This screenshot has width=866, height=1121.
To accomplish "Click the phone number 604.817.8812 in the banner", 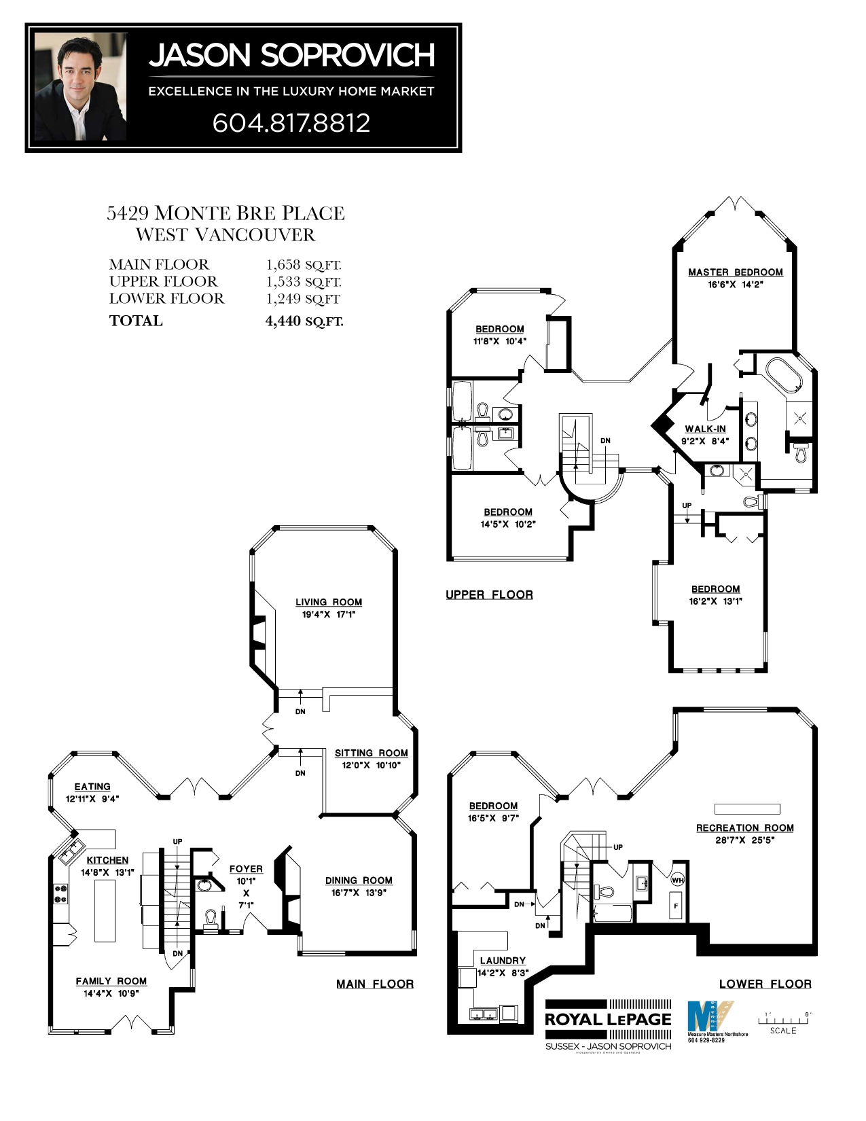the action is pos(291,123).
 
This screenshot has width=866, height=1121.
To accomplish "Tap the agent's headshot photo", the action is pos(81,87).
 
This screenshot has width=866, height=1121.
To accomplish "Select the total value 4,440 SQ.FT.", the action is pos(304,321).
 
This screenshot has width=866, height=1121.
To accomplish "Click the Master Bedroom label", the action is pos(736,272).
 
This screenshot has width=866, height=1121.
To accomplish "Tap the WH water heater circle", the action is pos(677,880).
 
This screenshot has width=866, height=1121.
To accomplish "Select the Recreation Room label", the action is pos(745,828).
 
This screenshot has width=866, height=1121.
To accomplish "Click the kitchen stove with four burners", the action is pos(61,893).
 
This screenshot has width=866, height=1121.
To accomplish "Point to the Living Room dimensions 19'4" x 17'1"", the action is pos(329,614).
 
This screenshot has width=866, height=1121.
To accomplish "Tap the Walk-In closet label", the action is pos(705,429).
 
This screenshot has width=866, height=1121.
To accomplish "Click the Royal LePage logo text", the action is pos(608,1019).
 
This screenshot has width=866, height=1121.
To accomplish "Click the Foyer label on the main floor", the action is pos(246,869).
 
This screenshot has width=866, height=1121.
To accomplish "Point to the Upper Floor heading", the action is pos(490,594).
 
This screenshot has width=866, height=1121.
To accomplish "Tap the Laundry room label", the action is pos(503,961).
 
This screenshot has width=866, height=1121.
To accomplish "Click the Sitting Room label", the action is pos(372,753).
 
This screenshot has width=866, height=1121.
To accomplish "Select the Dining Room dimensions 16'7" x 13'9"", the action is pos(359,893).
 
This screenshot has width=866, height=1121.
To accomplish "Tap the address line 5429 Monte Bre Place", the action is pos(226,213).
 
